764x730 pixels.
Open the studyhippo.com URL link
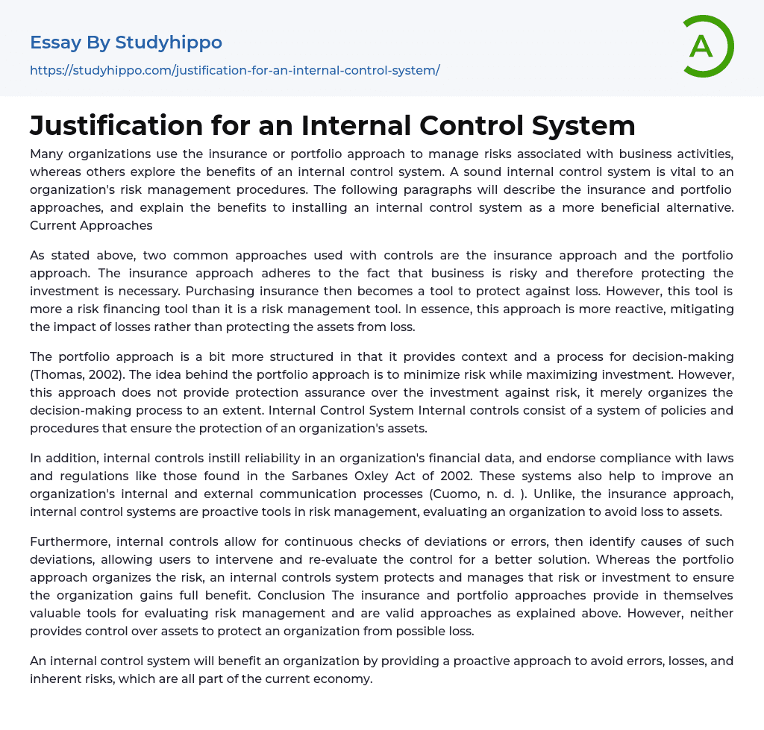tap(235, 71)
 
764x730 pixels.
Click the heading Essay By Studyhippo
tap(126, 43)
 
